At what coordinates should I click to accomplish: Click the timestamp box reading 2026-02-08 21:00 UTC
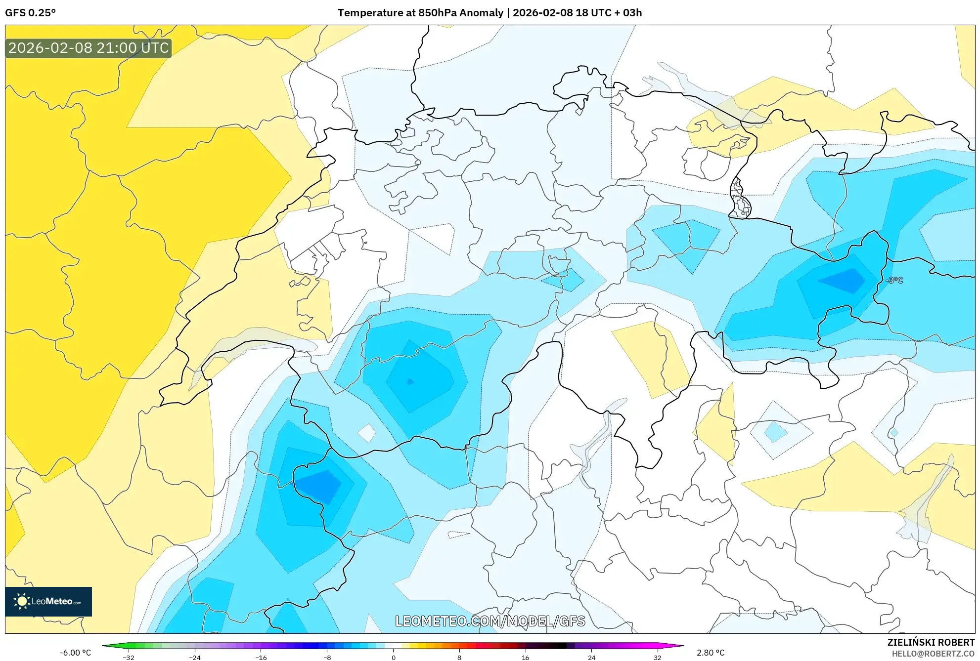click(x=89, y=48)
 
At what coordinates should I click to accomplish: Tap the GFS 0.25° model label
click(x=30, y=13)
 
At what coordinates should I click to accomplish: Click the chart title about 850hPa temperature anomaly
click(x=490, y=13)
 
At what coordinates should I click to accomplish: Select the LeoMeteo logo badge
click(x=48, y=601)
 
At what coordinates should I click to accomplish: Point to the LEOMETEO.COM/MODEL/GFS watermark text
click(x=490, y=621)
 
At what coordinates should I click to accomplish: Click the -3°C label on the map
click(x=894, y=280)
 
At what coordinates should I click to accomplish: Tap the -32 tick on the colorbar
click(x=129, y=657)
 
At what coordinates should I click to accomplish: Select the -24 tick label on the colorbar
click(x=195, y=657)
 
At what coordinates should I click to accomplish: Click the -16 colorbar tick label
click(x=261, y=657)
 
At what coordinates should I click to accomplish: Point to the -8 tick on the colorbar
click(x=327, y=657)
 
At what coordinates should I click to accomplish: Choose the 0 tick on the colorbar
click(x=394, y=657)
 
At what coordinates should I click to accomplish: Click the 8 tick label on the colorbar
click(x=459, y=657)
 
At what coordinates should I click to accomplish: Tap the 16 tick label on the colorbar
click(x=526, y=657)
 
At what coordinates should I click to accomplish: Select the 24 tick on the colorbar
click(x=591, y=657)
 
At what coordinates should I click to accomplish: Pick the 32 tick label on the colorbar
click(x=657, y=657)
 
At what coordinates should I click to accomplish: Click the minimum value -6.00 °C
click(x=76, y=653)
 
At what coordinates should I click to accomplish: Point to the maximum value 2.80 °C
click(x=711, y=653)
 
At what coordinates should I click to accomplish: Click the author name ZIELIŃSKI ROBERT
click(x=931, y=642)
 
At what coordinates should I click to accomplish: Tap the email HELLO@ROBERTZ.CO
click(x=933, y=654)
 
